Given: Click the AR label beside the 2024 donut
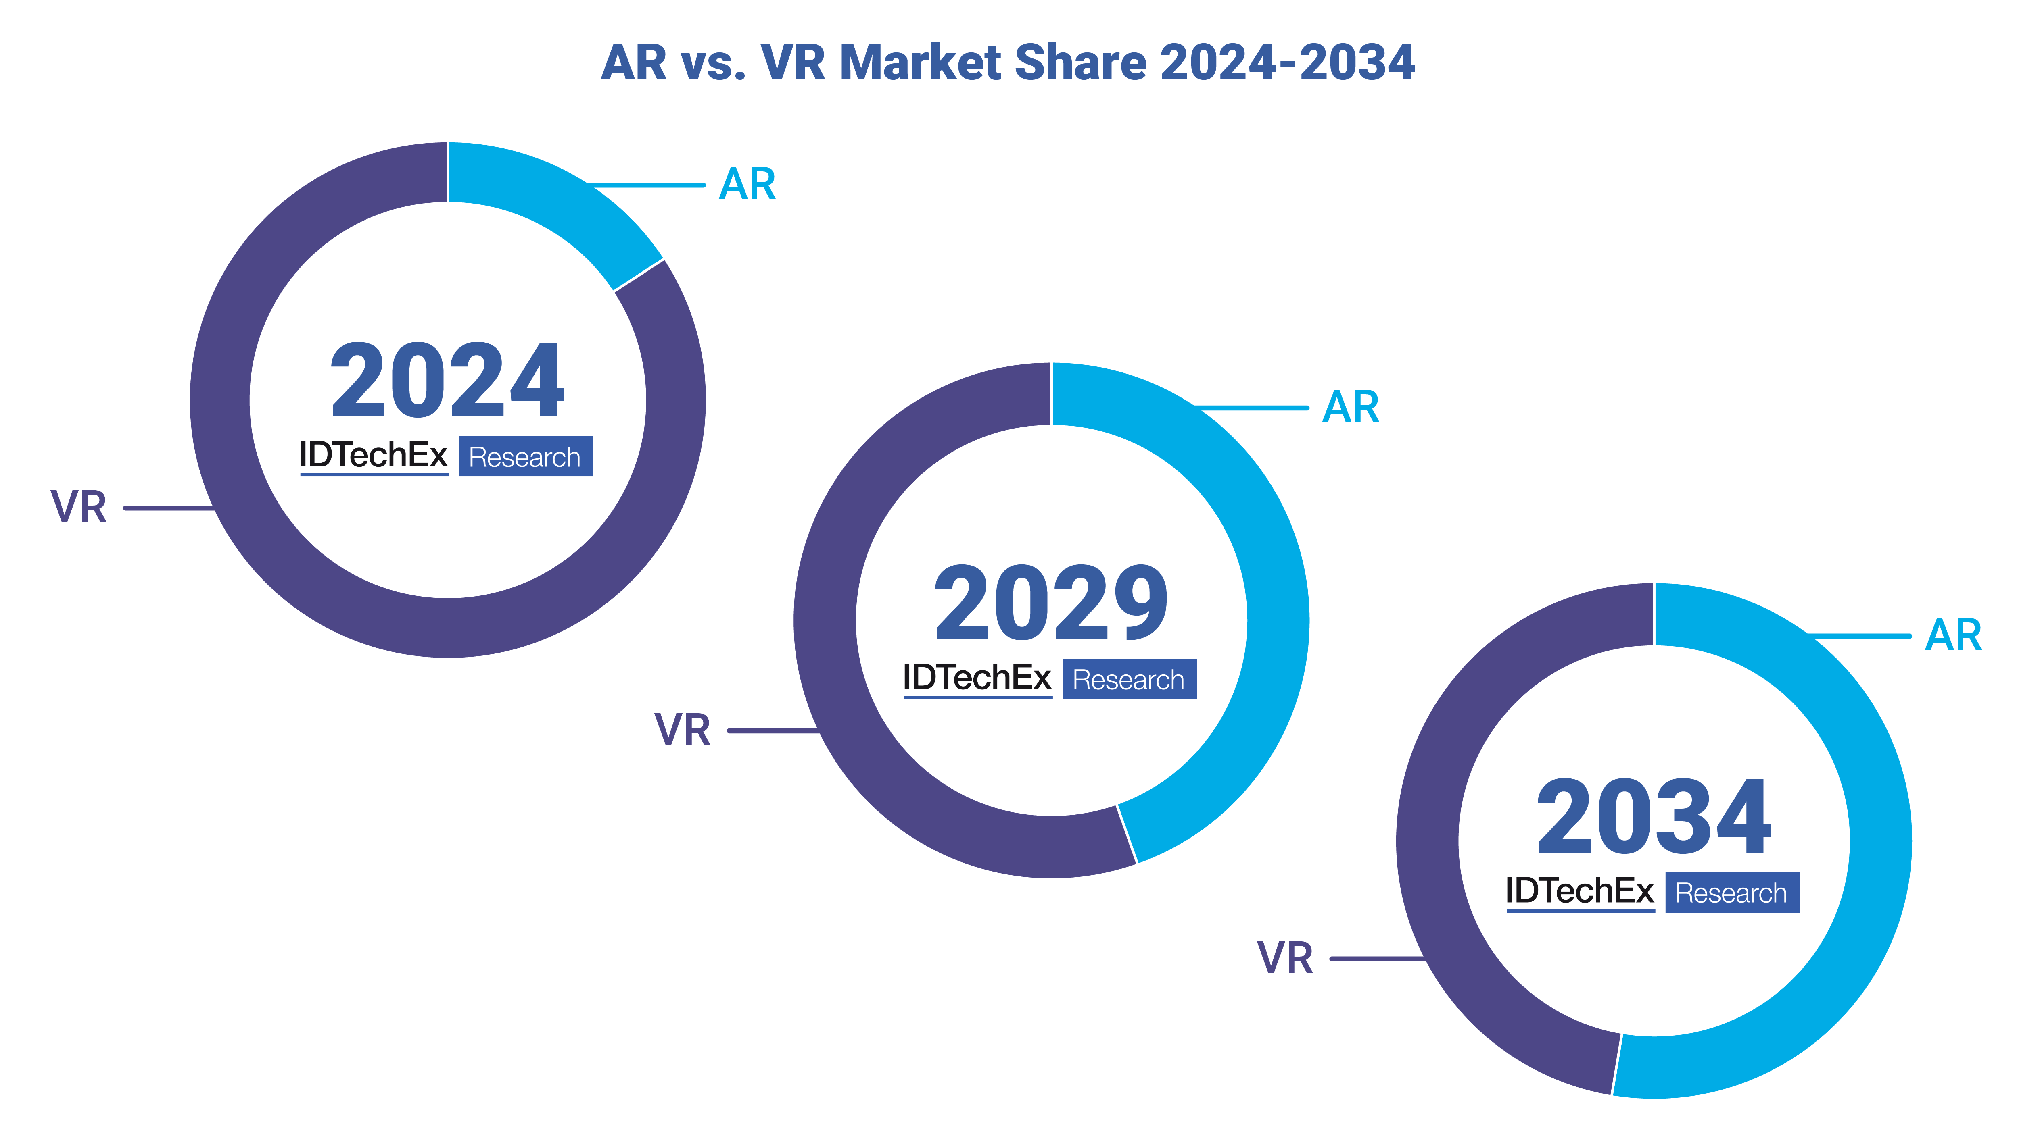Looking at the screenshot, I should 747,185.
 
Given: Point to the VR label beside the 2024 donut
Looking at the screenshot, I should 78,507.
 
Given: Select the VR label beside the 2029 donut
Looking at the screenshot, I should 682,730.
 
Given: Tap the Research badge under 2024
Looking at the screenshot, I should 525,457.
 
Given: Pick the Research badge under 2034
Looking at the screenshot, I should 1731,893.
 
